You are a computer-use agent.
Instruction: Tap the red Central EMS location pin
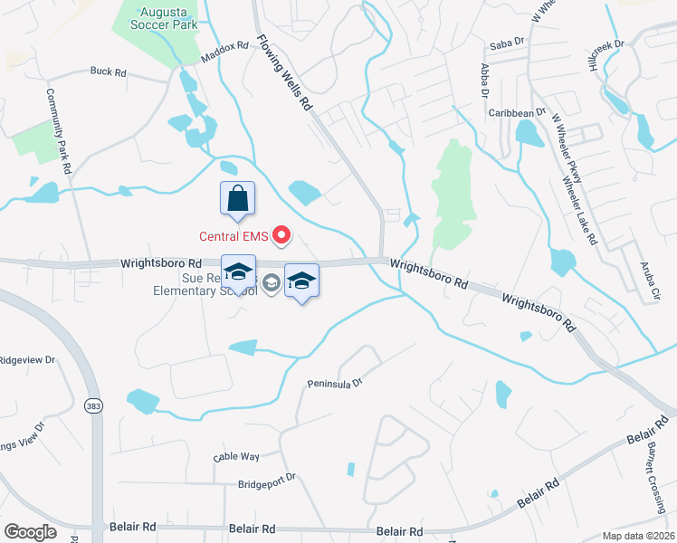pos(281,237)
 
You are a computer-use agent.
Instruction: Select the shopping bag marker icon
pos(237,198)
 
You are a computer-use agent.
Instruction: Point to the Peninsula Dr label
pos(334,383)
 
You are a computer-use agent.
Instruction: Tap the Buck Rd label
pos(107,71)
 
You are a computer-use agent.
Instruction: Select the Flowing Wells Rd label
pos(284,73)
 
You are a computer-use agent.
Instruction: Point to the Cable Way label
pos(236,457)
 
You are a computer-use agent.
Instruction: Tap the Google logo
pos(30,532)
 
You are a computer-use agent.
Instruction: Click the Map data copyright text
pos(638,536)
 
